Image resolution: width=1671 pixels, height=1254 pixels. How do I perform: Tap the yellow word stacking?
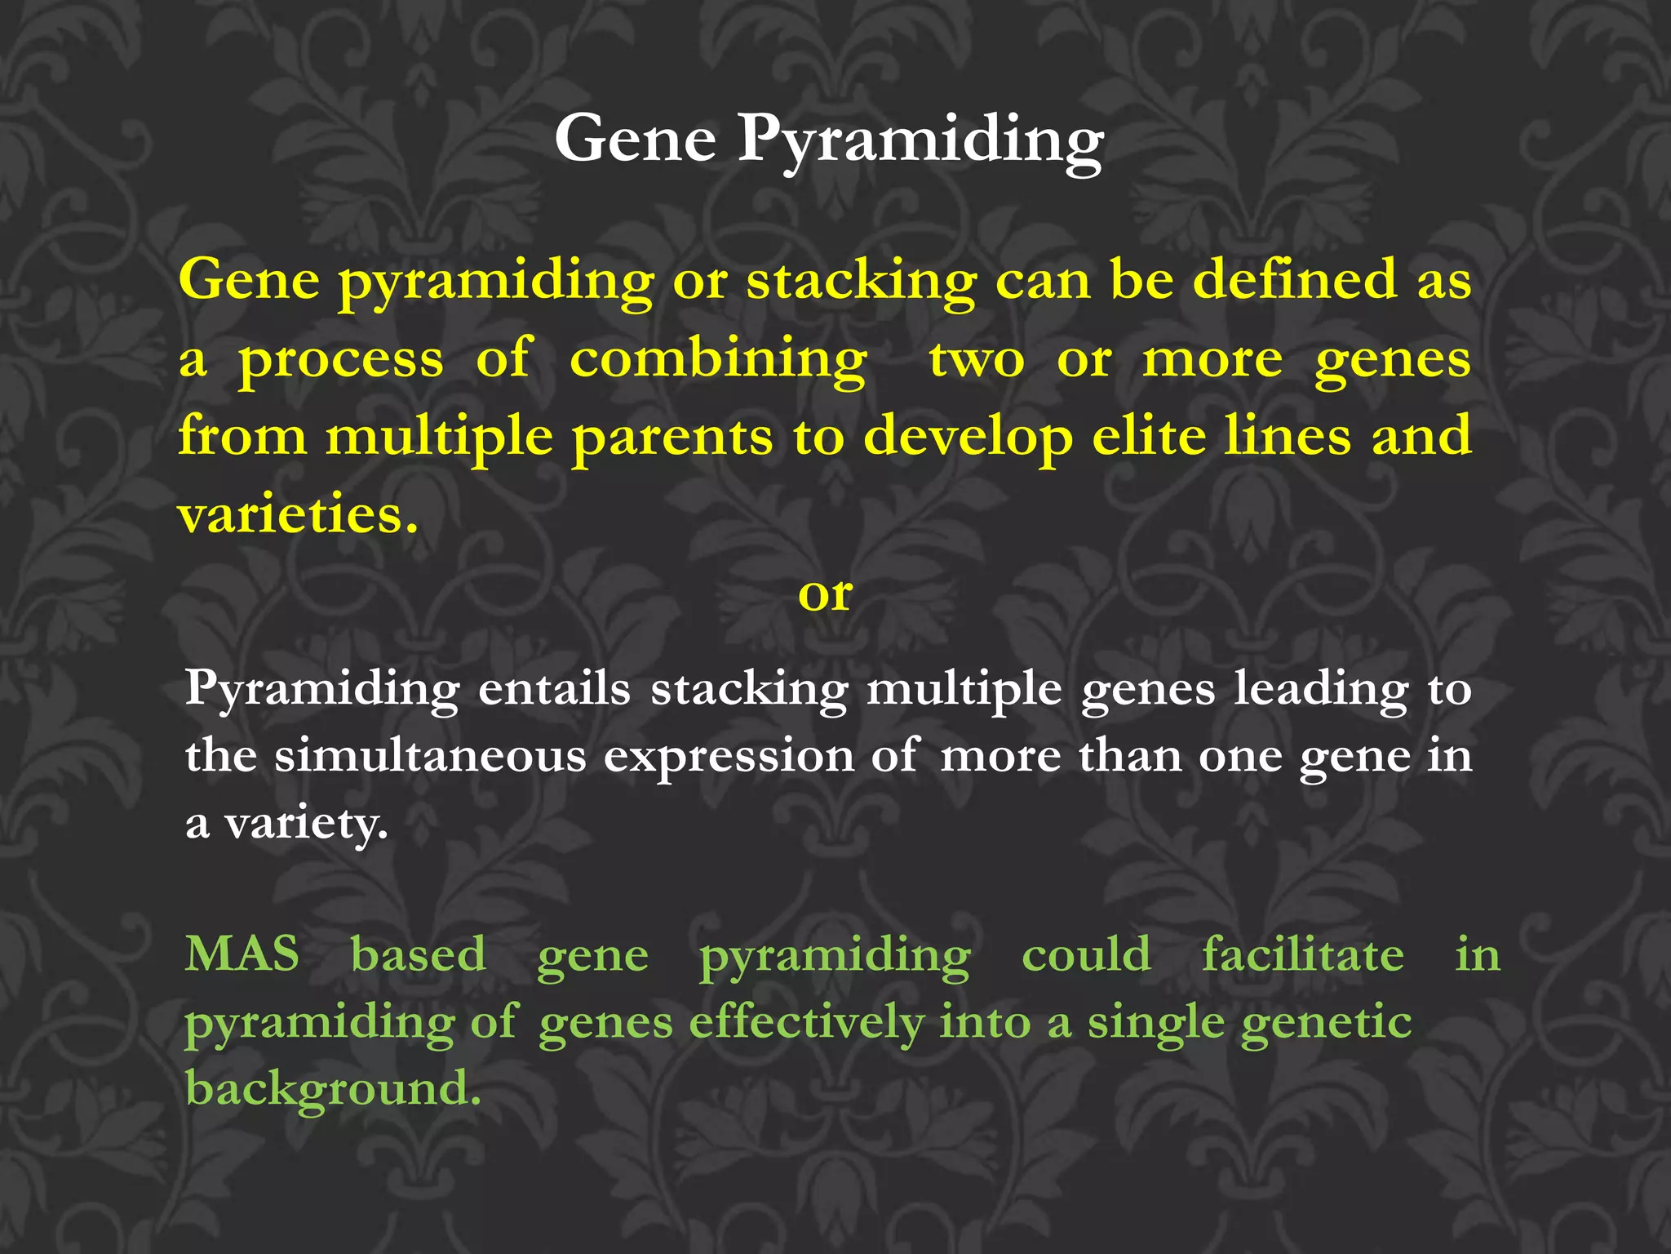tap(861, 282)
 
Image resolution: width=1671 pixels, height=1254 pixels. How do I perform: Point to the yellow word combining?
tap(718, 360)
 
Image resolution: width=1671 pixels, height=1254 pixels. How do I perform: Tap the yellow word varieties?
tap(298, 516)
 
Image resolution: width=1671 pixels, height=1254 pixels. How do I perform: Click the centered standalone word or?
tap(825, 594)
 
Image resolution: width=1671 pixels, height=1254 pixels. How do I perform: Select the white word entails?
tap(554, 690)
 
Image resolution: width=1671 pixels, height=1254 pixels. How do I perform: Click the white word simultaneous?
tap(430, 756)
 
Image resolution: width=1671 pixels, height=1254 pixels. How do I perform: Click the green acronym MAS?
tap(242, 954)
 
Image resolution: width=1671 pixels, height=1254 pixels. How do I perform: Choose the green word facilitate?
tap(1303, 954)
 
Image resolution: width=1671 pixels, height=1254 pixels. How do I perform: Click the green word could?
tap(1086, 954)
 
